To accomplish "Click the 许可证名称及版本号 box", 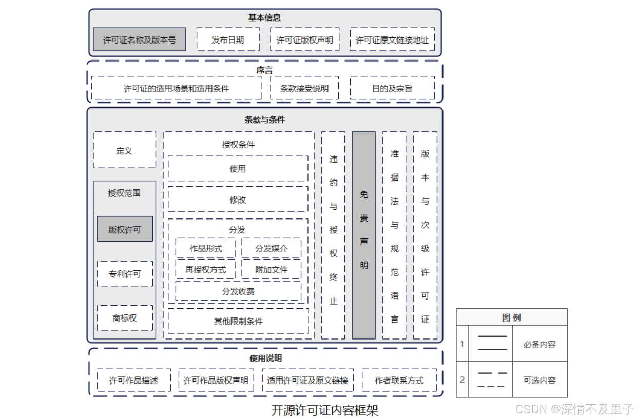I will (x=140, y=39).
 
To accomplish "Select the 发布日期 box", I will (x=228, y=39).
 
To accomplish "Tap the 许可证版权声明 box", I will (x=305, y=39).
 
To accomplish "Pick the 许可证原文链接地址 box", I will (x=392, y=39).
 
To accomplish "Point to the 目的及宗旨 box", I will (x=392, y=88).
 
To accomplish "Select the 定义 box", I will (x=124, y=150).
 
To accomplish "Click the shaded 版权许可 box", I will (x=125, y=229).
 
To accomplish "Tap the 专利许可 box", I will (x=125, y=274).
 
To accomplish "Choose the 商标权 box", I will (x=125, y=318).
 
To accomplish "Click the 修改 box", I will (x=238, y=199).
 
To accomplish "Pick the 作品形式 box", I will (x=206, y=248).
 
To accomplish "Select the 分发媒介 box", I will (x=272, y=248).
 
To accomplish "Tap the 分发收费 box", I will (x=238, y=291).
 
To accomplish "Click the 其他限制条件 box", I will (x=238, y=322).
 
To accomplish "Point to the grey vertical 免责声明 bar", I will (x=363, y=235).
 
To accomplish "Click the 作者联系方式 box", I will (x=399, y=381).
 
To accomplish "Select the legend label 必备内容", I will (x=539, y=344).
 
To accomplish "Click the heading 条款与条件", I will (x=265, y=119).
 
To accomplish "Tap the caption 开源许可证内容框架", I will (x=325, y=410).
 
